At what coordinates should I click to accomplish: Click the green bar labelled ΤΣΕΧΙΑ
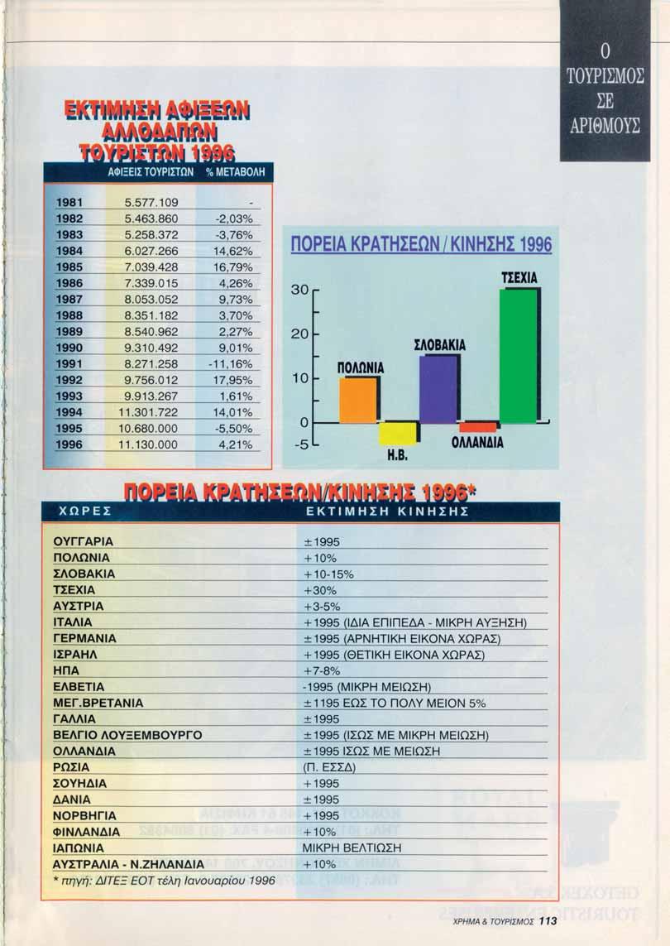click(x=518, y=356)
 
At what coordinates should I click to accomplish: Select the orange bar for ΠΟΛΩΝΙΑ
click(x=358, y=400)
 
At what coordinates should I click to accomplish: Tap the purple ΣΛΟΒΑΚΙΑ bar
click(x=438, y=389)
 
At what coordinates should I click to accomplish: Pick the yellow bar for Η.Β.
click(x=398, y=433)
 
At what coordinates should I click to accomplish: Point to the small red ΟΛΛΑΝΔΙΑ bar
click(x=478, y=427)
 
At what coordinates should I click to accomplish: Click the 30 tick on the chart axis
click(x=303, y=290)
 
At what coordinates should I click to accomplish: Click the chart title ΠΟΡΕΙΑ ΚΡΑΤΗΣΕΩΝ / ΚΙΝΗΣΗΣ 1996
click(x=420, y=246)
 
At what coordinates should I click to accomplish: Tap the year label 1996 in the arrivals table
click(x=69, y=444)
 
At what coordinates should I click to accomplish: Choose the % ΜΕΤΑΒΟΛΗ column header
click(x=232, y=173)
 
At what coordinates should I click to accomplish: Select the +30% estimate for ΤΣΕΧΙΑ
click(x=317, y=589)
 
